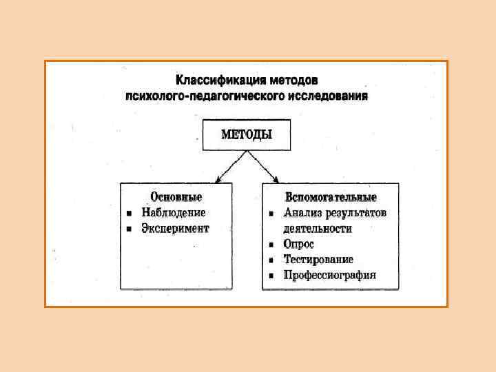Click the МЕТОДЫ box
click(246, 134)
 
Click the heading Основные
click(176, 197)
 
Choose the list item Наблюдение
click(174, 213)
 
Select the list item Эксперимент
click(175, 228)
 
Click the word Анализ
click(302, 213)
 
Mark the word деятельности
click(317, 228)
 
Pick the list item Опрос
click(299, 244)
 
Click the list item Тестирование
click(318, 260)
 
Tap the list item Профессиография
click(330, 276)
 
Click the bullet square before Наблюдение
click(129, 213)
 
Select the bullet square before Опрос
click(272, 245)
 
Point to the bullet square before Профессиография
click(272, 276)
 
